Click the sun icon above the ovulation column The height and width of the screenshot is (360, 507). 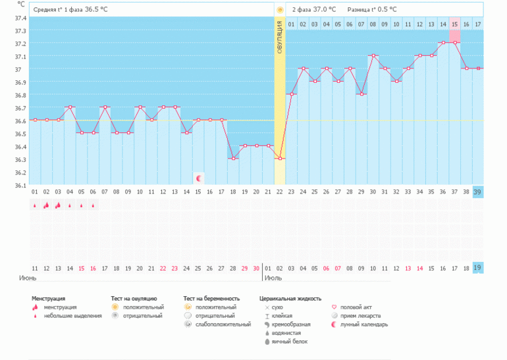(x=280, y=10)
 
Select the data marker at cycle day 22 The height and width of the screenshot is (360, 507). (x=280, y=159)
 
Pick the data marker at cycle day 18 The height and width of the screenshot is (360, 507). (x=233, y=159)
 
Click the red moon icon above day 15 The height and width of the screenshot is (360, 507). (x=198, y=178)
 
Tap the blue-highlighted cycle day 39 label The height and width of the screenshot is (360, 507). (x=477, y=192)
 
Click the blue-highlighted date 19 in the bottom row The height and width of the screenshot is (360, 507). (x=477, y=269)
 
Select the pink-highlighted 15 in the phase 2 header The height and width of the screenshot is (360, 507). (x=454, y=24)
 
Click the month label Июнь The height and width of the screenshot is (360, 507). (x=27, y=279)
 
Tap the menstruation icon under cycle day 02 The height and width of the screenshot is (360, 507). (x=46, y=205)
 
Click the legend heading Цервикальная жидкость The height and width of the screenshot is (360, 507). (x=290, y=298)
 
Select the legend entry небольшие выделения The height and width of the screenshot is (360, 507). (x=72, y=315)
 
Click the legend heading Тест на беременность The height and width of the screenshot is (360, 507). (x=211, y=298)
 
